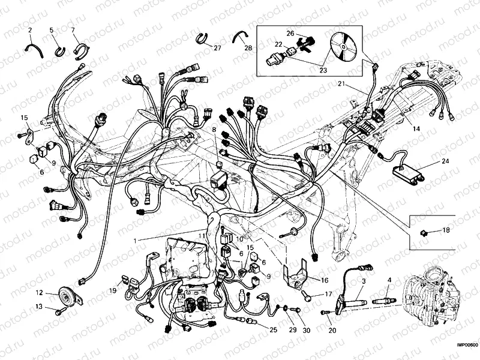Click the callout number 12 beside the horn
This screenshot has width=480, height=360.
point(39,293)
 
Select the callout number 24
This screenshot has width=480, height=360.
point(445,161)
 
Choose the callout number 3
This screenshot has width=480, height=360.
point(364,281)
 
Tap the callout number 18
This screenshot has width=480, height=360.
point(446,230)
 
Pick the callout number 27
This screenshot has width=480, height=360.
point(217,47)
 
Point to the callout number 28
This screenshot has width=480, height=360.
point(248,47)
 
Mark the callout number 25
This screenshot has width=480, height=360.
point(273,330)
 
